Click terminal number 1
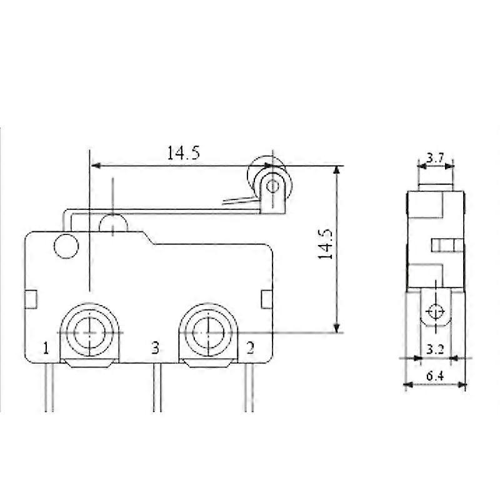coord(46,347)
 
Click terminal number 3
coord(156,347)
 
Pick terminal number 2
coord(249,347)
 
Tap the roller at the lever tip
coord(271,185)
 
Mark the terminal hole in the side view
coord(436,311)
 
